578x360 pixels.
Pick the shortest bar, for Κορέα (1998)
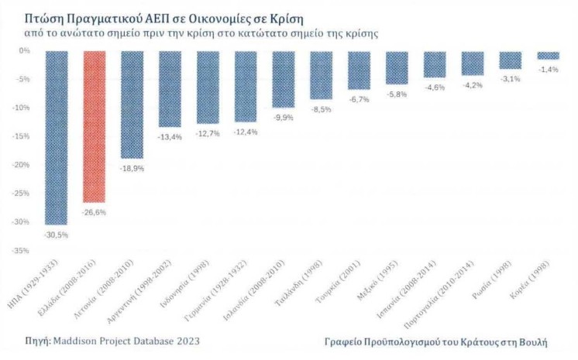[548, 55]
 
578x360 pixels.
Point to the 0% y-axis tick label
[24, 51]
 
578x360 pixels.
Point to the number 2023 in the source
[196, 340]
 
